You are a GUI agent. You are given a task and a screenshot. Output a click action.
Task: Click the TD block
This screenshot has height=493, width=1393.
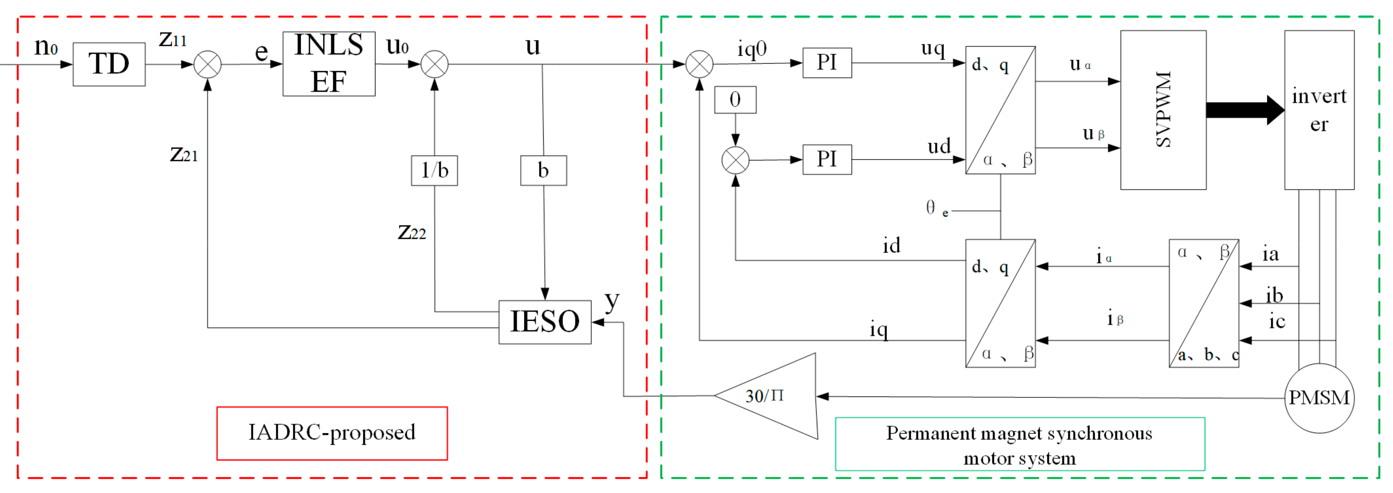pos(109,64)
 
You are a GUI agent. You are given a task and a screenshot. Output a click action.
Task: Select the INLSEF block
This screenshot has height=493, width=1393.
pos(329,64)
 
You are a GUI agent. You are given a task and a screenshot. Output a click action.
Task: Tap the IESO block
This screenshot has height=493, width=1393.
pos(545,322)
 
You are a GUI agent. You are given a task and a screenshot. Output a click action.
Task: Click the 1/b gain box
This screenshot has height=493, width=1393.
pos(434,170)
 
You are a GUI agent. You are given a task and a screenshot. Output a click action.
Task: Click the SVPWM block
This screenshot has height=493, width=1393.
pos(1163,110)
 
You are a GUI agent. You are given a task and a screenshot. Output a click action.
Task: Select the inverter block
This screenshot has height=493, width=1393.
pos(1319,110)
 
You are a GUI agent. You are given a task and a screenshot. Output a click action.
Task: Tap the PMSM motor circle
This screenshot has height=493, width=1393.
pos(1319,398)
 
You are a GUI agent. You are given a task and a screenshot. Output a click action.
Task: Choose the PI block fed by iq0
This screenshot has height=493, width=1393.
pos(827,63)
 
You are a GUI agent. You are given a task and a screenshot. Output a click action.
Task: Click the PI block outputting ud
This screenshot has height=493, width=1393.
pos(827,159)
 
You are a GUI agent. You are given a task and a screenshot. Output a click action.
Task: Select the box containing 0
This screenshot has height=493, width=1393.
pos(735,99)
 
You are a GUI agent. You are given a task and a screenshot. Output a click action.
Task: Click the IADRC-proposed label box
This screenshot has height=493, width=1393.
pos(332,433)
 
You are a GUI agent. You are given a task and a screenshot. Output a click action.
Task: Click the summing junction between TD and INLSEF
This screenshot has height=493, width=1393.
pos(208,64)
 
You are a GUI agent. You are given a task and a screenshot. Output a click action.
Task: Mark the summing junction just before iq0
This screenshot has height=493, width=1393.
pos(699,64)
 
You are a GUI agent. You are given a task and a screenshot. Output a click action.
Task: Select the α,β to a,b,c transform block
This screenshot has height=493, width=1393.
pos(1204,303)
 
